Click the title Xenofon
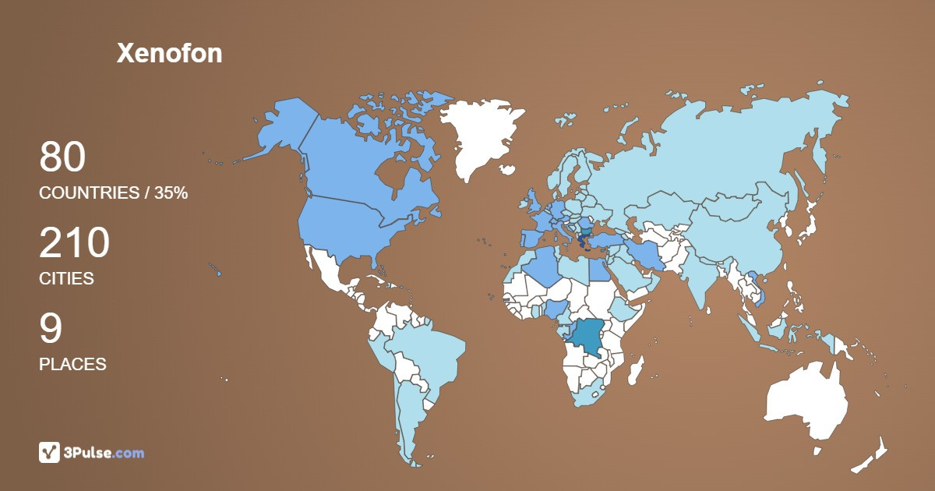[x=169, y=53]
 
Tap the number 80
[x=62, y=157]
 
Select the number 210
[x=74, y=243]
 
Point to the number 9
[x=51, y=329]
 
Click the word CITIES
[x=66, y=278]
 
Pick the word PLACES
[x=72, y=364]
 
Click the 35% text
[x=171, y=193]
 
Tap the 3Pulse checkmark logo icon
[x=50, y=452]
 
